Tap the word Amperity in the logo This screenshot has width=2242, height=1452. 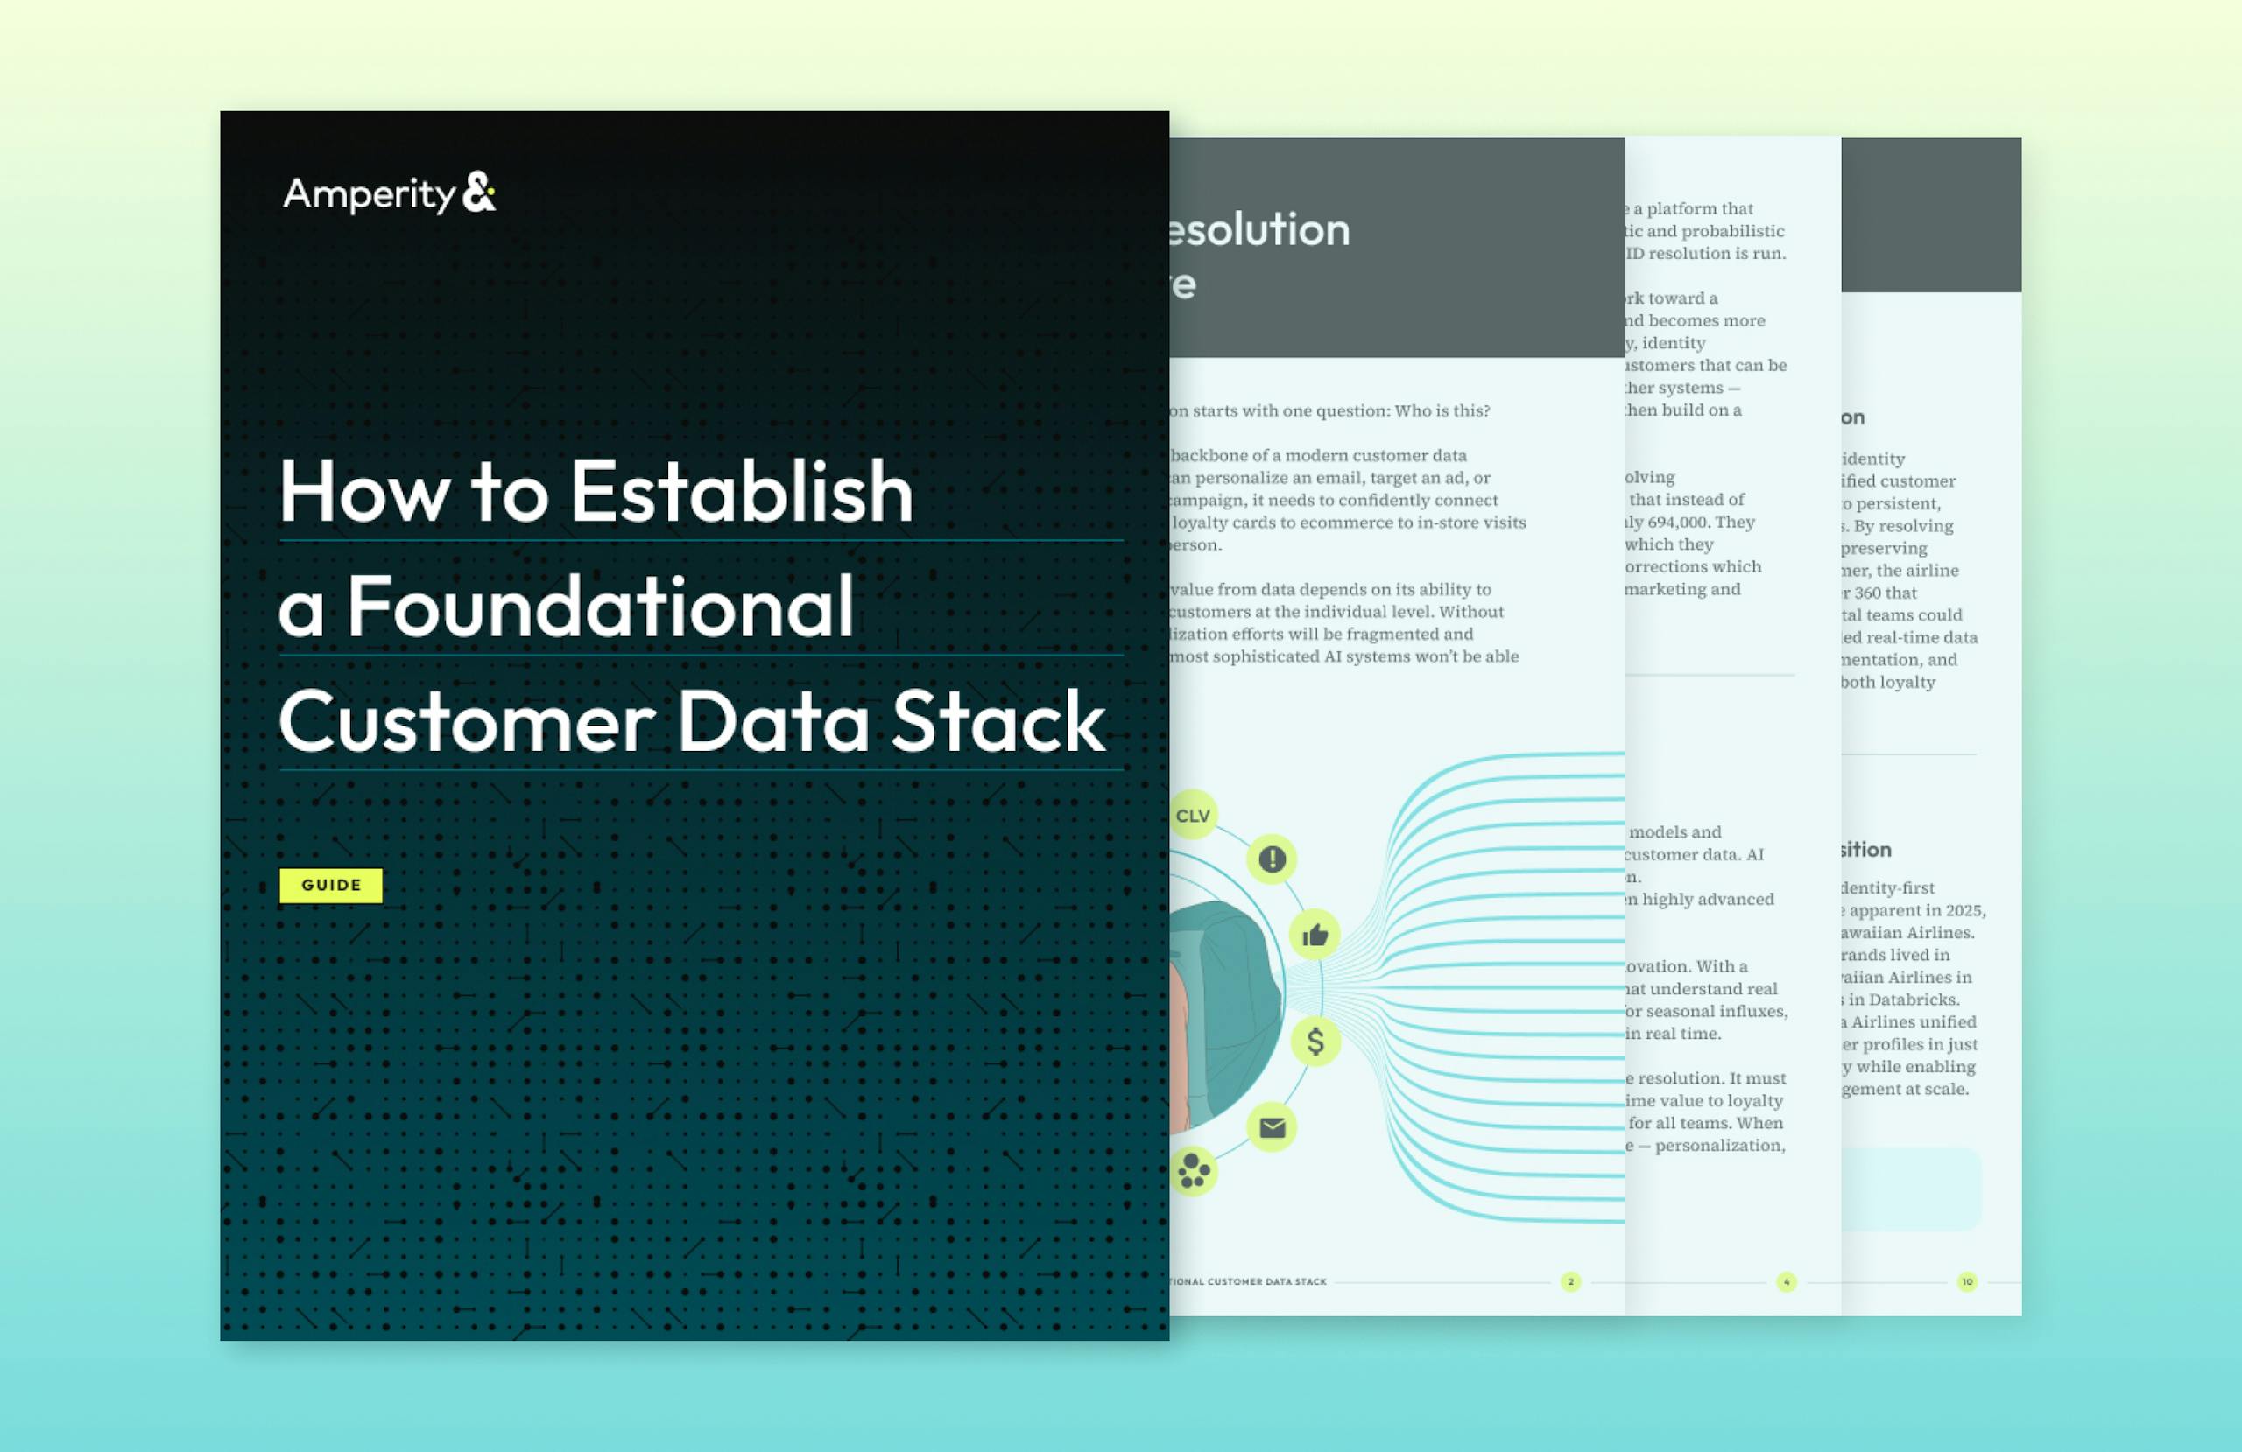370,195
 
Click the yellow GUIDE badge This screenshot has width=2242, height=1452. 331,885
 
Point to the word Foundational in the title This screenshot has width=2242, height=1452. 601,607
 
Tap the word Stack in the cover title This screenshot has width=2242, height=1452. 998,722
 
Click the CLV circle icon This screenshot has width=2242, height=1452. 1193,816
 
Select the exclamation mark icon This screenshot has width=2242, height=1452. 1272,859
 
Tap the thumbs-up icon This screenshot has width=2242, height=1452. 1315,935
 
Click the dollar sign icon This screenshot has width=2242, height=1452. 1315,1041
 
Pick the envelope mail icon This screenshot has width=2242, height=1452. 1272,1127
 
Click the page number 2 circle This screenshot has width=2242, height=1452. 1570,1281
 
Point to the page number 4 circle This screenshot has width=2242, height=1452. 1786,1281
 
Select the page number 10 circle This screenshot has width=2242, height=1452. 1967,1281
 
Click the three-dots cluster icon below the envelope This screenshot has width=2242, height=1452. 1194,1171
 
